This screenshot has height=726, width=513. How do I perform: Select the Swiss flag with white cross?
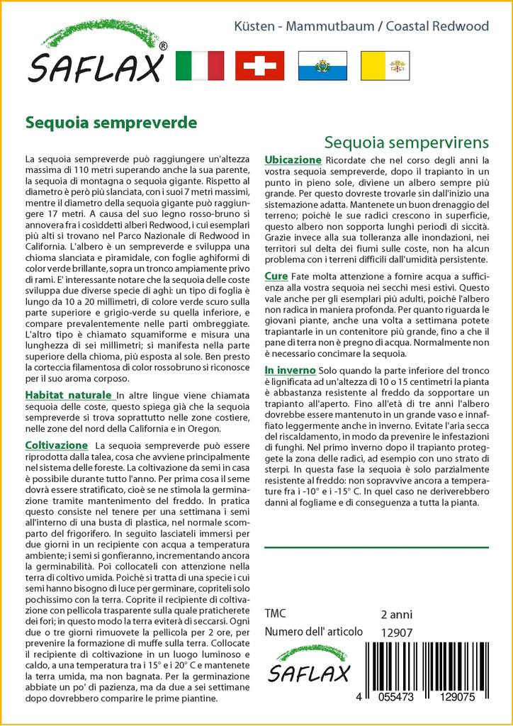coord(259,65)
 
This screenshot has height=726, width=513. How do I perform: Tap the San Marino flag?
coord(322,65)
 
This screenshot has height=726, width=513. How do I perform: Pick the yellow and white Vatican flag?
coord(385,65)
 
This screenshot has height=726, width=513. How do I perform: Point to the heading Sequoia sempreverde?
coord(111,121)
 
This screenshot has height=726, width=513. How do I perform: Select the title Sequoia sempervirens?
coord(407,142)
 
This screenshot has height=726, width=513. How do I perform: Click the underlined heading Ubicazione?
coord(293,160)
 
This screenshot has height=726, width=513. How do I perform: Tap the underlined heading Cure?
coord(276,276)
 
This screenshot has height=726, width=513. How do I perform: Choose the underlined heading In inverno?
coord(290,371)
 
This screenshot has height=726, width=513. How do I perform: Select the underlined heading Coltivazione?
coord(56,444)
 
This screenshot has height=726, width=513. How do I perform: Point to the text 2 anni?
coord(396,614)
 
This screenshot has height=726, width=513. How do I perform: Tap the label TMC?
coord(276,614)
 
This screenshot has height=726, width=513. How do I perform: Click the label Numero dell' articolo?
coord(313,632)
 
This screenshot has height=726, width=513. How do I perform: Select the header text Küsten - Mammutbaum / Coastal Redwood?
coord(361,26)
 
